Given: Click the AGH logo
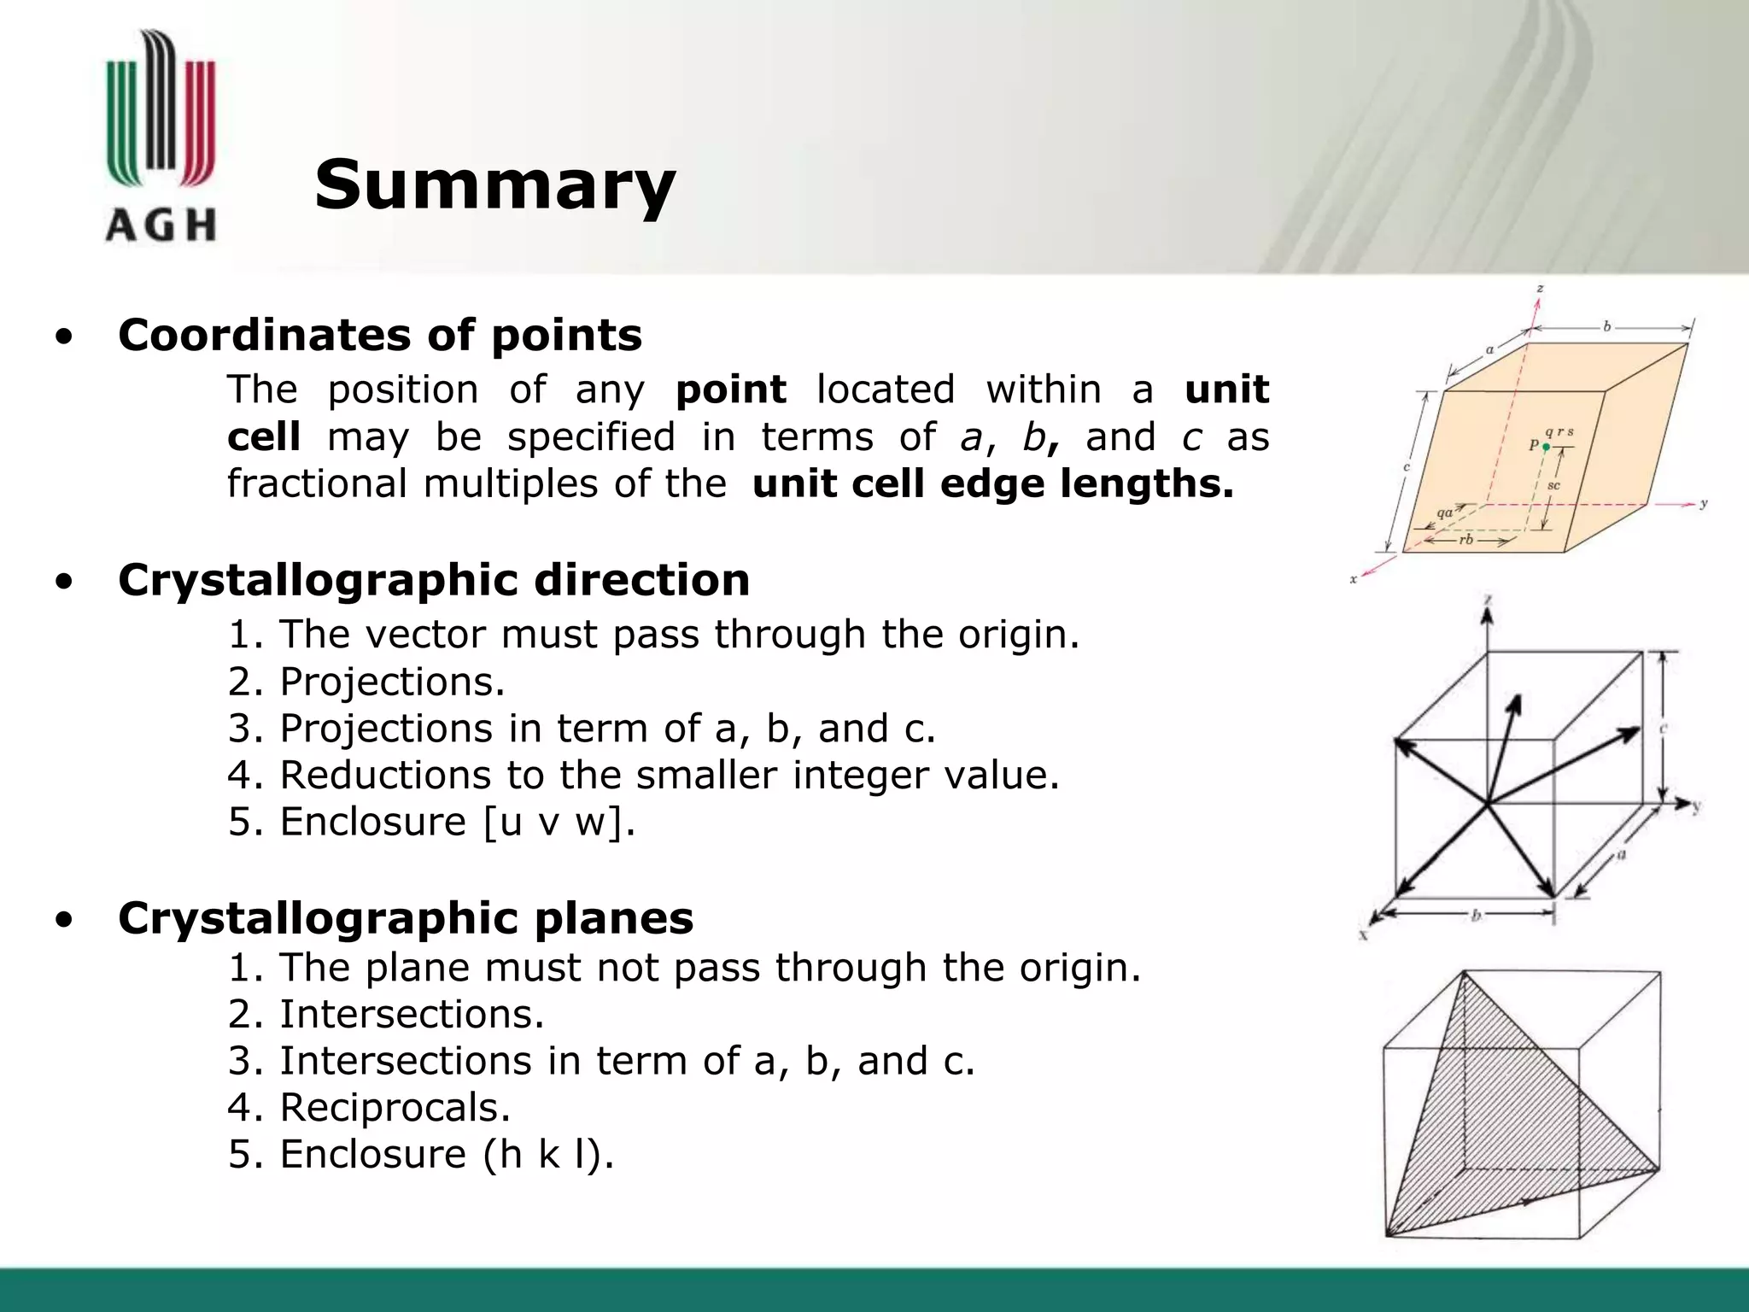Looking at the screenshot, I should click(x=160, y=137).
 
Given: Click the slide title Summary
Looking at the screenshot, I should click(x=494, y=184).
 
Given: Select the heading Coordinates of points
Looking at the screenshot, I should click(x=379, y=334).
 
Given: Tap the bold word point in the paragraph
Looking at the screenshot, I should click(x=730, y=390).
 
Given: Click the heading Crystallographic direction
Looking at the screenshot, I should click(x=434, y=580).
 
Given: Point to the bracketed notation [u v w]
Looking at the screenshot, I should click(x=558, y=822).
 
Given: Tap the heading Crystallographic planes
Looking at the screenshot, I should click(x=406, y=918).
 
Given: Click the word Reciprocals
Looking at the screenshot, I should click(x=395, y=1108).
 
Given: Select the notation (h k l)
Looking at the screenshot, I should click(x=547, y=1154).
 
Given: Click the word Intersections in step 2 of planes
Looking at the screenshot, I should click(x=412, y=1015).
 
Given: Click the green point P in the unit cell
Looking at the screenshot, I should click(x=1546, y=447).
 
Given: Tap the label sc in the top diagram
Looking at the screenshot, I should click(x=1553, y=485).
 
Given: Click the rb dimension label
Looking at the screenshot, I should click(x=1465, y=540).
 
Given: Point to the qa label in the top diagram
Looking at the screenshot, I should click(x=1444, y=513).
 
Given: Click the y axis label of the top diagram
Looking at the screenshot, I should click(x=1703, y=504).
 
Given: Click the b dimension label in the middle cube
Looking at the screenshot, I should click(x=1475, y=916).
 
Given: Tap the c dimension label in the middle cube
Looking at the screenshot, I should click(x=1663, y=729).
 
